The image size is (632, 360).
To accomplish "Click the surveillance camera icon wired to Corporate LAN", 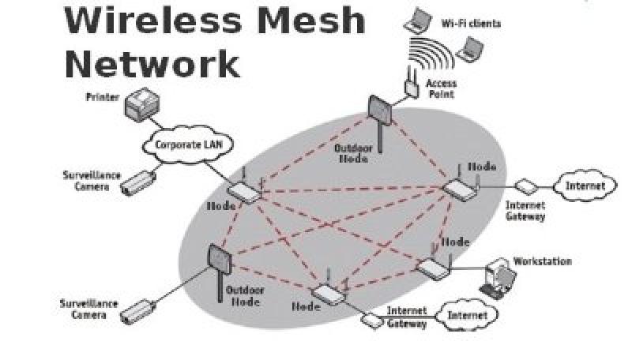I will (135, 182).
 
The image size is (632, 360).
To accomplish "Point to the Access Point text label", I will (441, 88).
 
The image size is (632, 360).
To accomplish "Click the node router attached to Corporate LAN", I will (243, 191).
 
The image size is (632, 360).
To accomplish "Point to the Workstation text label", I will (542, 261).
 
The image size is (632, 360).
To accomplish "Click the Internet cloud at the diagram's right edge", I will (585, 186).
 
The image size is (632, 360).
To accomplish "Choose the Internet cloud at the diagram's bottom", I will (469, 317).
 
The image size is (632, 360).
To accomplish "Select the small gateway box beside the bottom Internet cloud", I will (372, 320).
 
